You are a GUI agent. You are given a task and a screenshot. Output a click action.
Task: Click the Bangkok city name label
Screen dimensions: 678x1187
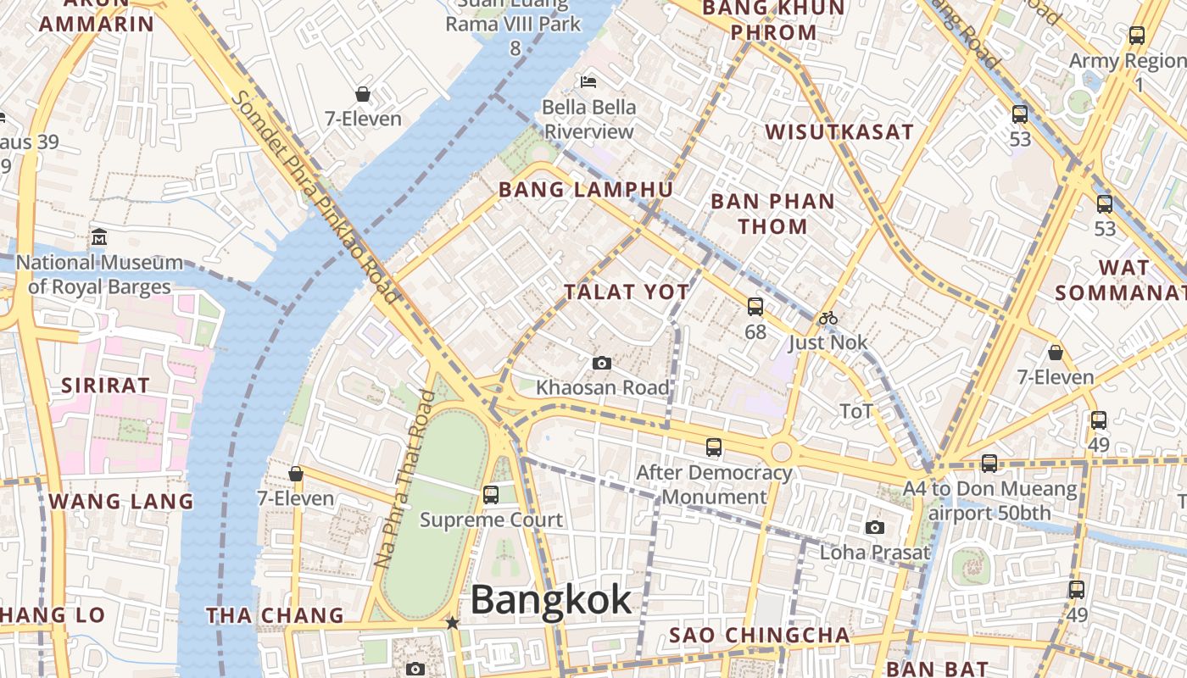pyautogui.click(x=550, y=600)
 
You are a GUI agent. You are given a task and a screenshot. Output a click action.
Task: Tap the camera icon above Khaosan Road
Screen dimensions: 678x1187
pyautogui.click(x=601, y=364)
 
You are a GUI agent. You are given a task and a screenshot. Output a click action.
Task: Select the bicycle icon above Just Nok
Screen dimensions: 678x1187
pyautogui.click(x=828, y=319)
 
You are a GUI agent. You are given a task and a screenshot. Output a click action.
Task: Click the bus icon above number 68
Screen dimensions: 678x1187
pyautogui.click(x=755, y=307)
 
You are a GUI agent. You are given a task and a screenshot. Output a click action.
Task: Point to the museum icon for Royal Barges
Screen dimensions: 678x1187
pyautogui.click(x=99, y=236)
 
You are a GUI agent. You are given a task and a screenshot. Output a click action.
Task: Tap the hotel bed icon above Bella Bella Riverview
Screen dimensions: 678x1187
pyautogui.click(x=588, y=82)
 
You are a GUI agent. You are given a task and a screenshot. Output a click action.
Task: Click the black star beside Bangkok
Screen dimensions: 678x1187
pyautogui.click(x=453, y=623)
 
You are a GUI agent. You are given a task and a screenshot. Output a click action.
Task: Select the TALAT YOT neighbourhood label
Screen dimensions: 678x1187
pyautogui.click(x=627, y=292)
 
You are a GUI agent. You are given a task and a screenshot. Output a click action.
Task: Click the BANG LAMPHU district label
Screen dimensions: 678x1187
pyautogui.click(x=586, y=189)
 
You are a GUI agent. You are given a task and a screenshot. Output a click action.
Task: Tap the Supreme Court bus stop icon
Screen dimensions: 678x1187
pyautogui.click(x=490, y=495)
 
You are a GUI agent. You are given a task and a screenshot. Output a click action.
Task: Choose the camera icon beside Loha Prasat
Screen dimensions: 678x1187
pyautogui.click(x=875, y=527)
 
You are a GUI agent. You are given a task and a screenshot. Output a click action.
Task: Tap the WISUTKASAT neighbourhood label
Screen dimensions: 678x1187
pyautogui.click(x=839, y=132)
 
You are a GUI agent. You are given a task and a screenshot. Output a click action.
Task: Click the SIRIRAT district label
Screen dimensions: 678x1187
pyautogui.click(x=105, y=385)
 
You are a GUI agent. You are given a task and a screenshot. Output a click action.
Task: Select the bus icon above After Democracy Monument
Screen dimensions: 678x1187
pyautogui.click(x=714, y=447)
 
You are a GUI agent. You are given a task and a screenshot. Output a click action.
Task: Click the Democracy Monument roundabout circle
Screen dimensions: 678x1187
pyautogui.click(x=781, y=451)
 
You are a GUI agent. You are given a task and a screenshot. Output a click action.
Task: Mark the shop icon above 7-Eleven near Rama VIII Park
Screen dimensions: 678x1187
pyautogui.click(x=363, y=94)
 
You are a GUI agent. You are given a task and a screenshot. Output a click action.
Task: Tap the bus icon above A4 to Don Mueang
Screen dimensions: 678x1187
pyautogui.click(x=989, y=464)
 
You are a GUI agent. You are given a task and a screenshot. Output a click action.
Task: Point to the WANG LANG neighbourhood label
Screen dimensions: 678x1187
pyautogui.click(x=121, y=501)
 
